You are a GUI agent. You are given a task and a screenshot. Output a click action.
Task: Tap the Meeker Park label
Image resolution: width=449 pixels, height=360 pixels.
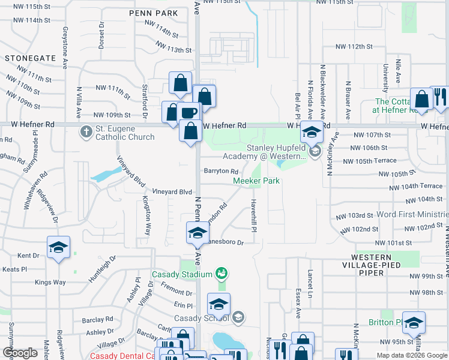click(x=256, y=181)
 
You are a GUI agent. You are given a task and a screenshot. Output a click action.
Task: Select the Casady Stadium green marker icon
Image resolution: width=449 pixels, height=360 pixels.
click(x=221, y=274)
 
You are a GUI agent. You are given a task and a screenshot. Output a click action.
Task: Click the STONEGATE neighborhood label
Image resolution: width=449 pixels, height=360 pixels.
click(x=26, y=59)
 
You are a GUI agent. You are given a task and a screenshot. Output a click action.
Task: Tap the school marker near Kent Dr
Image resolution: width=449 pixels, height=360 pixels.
click(x=59, y=248)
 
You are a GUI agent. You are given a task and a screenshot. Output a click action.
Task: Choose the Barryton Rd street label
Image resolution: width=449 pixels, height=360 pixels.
click(x=221, y=171)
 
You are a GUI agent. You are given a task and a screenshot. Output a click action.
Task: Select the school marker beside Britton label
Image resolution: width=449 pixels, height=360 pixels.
click(x=414, y=323)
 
